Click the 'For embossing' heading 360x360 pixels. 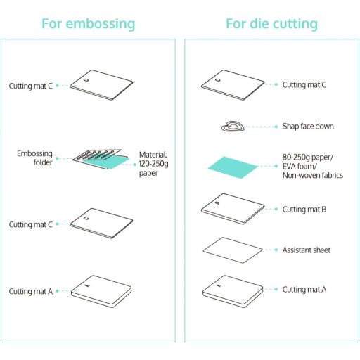pyautogui.click(x=89, y=24)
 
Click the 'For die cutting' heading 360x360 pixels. pyautogui.click(x=272, y=24)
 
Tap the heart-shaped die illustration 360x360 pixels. pyautogui.click(x=233, y=127)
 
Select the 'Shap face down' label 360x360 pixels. pyautogui.click(x=308, y=127)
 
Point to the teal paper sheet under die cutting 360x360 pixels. pyautogui.click(x=233, y=167)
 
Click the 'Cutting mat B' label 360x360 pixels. pyautogui.click(x=304, y=210)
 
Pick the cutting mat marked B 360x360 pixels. pyautogui.click(x=233, y=209)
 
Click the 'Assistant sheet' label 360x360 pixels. pyautogui.click(x=307, y=250)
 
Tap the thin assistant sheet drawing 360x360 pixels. pyautogui.click(x=233, y=250)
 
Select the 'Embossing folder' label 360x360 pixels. pyautogui.click(x=34, y=158)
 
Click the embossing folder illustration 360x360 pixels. pyautogui.click(x=101, y=159)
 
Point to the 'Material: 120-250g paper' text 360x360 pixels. pyautogui.click(x=153, y=164)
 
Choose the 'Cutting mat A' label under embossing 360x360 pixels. pyautogui.click(x=31, y=291)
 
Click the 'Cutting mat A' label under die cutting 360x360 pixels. pyautogui.click(x=304, y=290)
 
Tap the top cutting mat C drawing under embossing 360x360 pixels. pyautogui.click(x=101, y=85)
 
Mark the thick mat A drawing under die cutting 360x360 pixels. pyautogui.click(x=233, y=291)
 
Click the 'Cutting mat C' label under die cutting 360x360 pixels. pyautogui.click(x=304, y=84)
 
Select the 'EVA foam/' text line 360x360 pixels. pyautogui.click(x=300, y=166)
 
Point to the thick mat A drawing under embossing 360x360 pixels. pyautogui.click(x=101, y=291)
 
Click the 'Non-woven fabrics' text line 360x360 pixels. pyautogui.click(x=313, y=175)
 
